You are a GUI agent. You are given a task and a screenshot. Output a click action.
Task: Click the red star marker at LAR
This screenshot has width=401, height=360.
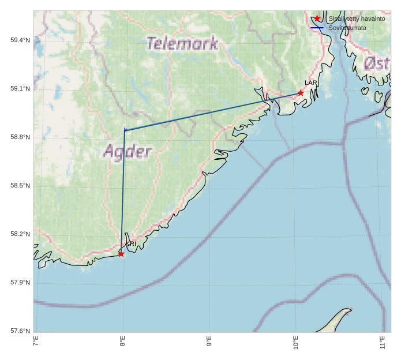coord(301,92)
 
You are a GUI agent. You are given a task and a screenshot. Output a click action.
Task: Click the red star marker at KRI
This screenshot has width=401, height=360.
coord(121,254)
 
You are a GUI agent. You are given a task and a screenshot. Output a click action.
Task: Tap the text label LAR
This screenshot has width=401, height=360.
coord(311,83)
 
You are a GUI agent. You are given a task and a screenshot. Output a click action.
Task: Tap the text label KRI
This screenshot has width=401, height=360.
coord(131,244)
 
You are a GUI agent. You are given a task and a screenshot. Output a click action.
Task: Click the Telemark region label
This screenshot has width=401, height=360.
coord(182,43)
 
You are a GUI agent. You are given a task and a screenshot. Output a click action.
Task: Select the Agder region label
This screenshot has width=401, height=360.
coord(128,152)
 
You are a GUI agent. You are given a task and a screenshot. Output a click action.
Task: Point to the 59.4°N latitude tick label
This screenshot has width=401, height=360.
coord(20,40)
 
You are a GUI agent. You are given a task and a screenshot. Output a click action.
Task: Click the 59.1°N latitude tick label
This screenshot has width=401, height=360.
coord(20,88)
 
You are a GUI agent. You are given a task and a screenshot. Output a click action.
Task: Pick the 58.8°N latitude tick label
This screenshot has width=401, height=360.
coord(20,137)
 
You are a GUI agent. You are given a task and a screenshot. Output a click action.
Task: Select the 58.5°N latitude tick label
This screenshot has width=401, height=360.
coord(20,185)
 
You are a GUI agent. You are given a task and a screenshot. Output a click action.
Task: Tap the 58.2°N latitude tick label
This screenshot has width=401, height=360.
coord(20,234)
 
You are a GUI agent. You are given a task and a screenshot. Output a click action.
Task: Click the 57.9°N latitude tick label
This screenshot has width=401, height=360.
coord(20,282)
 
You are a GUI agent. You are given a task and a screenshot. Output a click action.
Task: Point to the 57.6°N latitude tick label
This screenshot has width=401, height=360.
coord(20,331)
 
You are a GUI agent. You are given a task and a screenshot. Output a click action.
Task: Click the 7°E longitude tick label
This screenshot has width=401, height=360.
coord(36,342)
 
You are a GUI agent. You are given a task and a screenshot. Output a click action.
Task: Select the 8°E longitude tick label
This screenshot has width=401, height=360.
coord(122,342)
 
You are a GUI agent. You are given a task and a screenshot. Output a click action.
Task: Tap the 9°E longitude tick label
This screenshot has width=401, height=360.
coord(209,342)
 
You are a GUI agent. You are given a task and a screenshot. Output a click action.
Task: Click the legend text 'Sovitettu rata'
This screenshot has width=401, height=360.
coord(347,28)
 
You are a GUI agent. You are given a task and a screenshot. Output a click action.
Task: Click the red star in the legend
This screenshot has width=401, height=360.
coord(317,18)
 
